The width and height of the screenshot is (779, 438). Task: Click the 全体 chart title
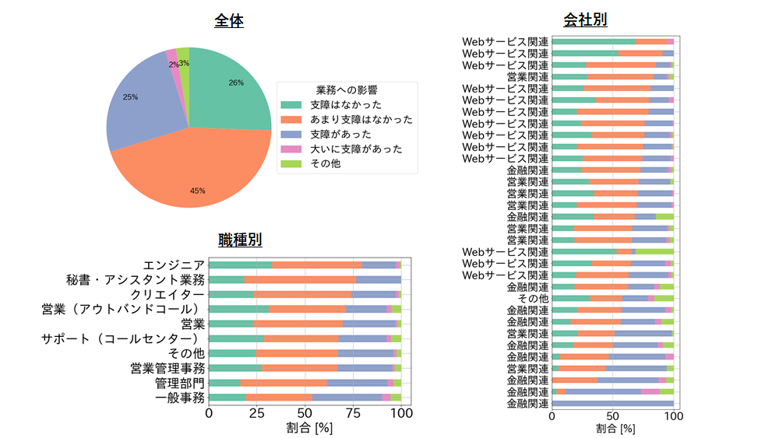click(x=229, y=22)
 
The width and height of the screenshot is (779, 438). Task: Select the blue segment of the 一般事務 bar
click(x=347, y=398)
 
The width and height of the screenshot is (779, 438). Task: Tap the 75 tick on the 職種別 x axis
click(x=353, y=413)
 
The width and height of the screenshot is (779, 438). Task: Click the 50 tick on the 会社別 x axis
click(x=612, y=416)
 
